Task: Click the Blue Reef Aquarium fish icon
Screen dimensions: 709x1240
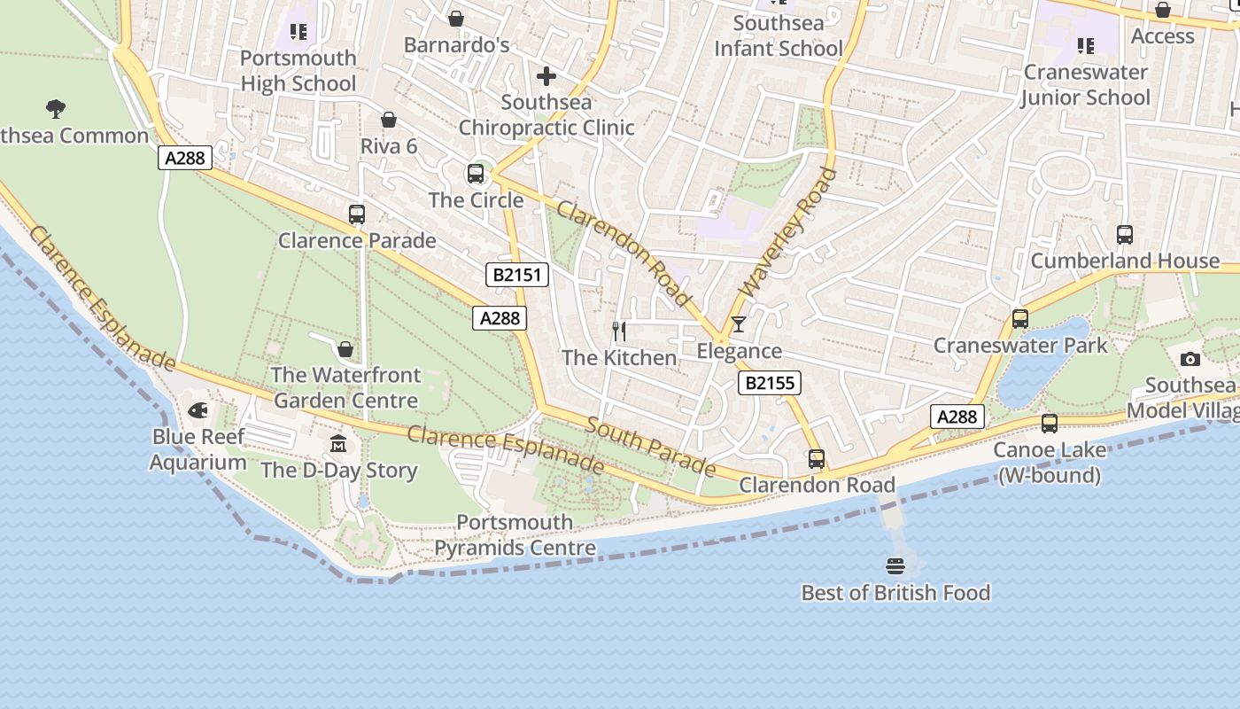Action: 198,411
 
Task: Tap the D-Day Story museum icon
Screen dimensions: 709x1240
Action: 338,443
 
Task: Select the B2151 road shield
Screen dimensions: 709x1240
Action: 517,275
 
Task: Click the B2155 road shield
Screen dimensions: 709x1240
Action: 770,383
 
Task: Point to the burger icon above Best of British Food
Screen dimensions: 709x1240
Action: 895,565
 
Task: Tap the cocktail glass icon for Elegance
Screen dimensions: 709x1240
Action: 739,324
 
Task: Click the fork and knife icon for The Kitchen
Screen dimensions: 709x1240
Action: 619,331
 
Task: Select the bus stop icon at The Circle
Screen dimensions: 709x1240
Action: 476,174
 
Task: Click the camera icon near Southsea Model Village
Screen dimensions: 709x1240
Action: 1190,359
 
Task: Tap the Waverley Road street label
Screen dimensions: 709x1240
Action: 787,232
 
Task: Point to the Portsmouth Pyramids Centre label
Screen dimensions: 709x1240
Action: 515,535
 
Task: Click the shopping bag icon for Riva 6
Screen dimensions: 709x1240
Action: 388,120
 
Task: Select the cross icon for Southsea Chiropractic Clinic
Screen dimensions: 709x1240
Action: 546,76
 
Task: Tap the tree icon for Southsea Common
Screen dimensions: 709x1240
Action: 56,109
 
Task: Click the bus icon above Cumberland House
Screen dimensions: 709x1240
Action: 1124,235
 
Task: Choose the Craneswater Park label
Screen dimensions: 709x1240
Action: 1020,346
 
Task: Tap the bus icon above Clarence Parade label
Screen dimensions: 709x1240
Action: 357,214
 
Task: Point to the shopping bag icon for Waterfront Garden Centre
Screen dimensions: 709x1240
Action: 345,348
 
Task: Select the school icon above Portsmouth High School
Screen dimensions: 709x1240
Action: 298,33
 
